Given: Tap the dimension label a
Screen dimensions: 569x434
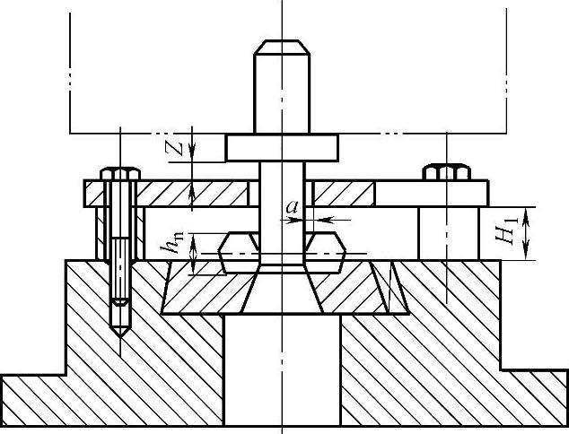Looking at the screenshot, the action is [292, 207].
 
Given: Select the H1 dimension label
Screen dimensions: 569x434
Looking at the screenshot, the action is [505, 232].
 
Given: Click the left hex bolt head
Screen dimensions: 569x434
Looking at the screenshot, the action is [120, 174].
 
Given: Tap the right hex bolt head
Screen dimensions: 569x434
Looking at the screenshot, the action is [446, 172].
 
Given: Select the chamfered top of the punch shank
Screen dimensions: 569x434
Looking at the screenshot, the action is [282, 48].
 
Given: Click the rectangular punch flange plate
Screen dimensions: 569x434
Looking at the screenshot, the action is [282, 148].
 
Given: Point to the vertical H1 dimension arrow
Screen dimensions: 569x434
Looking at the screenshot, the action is [525, 233].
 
